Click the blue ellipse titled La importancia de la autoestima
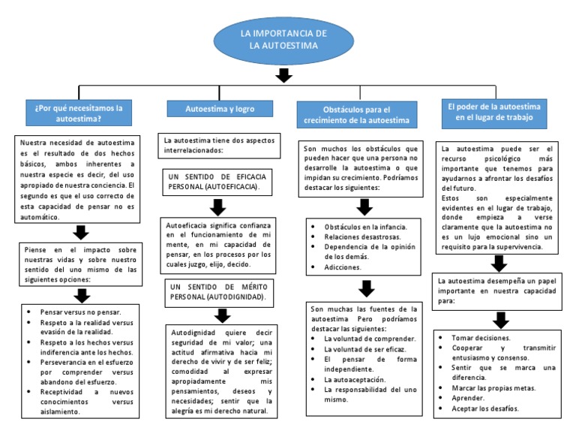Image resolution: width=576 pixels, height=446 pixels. (283, 40)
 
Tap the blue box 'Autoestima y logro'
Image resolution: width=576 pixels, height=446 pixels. (220, 109)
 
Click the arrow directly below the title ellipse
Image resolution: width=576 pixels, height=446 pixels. (283, 75)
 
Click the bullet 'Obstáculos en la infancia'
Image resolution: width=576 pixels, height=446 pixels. (365, 226)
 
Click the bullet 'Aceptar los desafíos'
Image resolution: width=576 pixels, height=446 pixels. (485, 408)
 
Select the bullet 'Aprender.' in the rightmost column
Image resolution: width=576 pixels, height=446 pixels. (469, 398)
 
